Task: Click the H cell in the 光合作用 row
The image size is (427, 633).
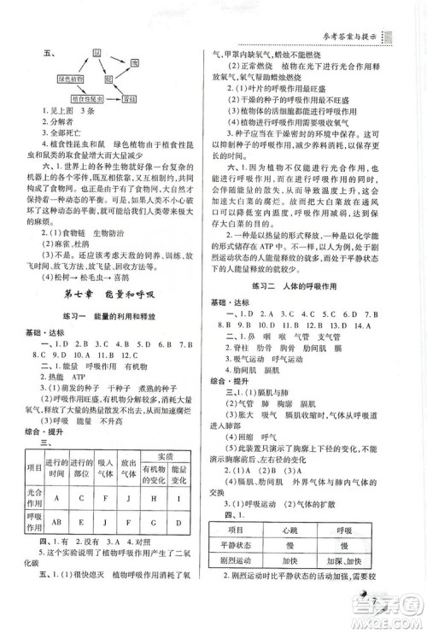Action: (x=155, y=497)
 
